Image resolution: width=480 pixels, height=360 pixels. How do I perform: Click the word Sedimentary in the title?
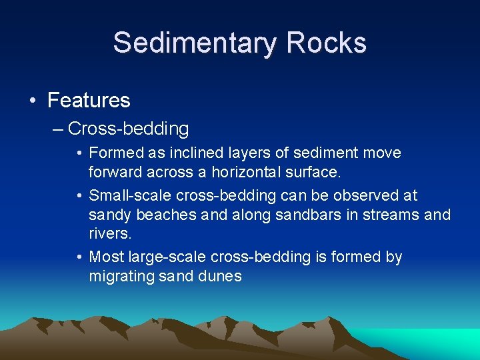193,43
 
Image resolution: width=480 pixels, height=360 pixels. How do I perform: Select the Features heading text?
89,101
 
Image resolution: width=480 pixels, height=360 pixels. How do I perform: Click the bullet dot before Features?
33,101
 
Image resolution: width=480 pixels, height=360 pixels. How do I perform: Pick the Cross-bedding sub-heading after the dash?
128,128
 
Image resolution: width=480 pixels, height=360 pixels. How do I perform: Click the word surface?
317,171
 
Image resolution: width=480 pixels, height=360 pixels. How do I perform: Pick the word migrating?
119,276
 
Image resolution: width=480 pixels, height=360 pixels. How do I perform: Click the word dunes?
219,276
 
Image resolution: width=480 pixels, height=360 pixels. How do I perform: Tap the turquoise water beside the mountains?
440,343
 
